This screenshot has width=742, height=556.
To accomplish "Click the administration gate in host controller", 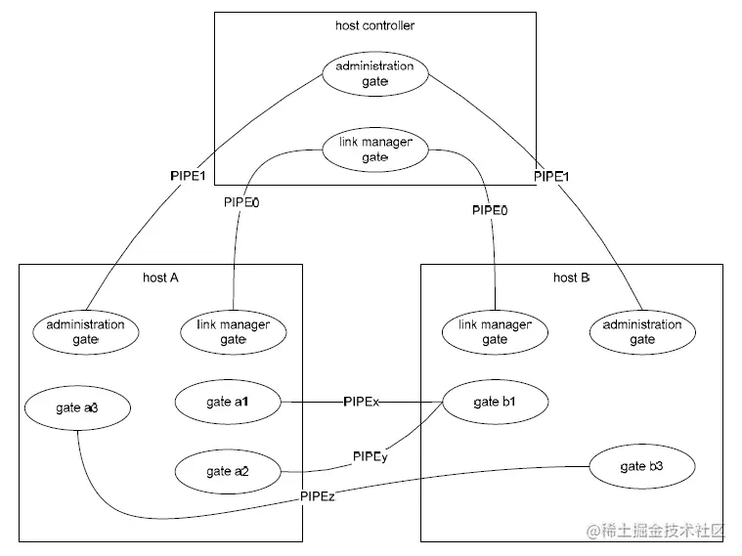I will click(374, 74).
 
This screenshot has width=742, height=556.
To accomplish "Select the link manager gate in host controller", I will click(374, 150).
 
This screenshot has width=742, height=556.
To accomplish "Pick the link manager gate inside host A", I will click(233, 331).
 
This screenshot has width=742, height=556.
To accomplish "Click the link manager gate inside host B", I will click(495, 331).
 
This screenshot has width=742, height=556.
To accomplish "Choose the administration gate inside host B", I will click(642, 331).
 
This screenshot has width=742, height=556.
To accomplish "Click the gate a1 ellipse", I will click(228, 402).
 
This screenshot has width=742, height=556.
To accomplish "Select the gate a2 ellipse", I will click(228, 471).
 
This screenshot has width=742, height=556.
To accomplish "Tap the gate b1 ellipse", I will click(494, 402).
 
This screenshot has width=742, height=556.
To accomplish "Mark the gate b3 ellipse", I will click(640, 466).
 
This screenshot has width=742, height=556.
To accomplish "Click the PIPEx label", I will click(361, 402).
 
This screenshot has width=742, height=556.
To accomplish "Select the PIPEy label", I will click(370, 456).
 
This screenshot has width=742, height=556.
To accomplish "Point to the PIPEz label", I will click(319, 497).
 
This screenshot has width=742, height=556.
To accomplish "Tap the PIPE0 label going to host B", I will click(490, 210).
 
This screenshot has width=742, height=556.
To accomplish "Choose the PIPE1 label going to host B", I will click(551, 177).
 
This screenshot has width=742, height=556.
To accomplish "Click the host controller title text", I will click(374, 25).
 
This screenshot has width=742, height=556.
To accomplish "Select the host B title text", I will click(571, 278).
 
